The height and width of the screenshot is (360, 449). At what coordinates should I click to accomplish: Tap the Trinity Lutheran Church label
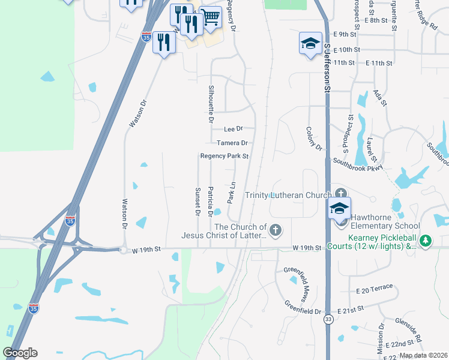tap(288, 195)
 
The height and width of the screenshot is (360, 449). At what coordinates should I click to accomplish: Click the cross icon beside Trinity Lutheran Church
tap(342, 193)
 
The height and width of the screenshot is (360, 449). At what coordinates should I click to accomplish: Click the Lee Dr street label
tap(233, 129)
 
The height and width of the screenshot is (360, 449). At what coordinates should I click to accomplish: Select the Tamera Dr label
tap(232, 143)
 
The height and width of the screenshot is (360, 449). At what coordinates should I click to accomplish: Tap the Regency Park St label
tap(224, 156)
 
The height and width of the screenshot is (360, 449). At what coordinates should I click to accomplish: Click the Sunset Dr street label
tap(197, 201)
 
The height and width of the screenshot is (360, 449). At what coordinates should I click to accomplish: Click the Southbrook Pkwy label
tap(358, 164)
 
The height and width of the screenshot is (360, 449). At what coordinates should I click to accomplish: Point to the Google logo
tap(20, 353)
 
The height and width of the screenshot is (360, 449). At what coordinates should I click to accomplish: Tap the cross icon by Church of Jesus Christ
tap(276, 230)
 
